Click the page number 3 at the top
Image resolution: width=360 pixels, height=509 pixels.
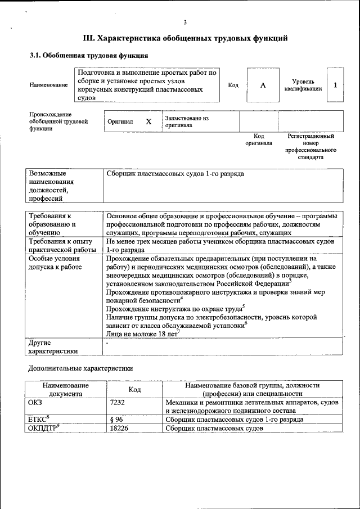pyautogui.click(x=185, y=22)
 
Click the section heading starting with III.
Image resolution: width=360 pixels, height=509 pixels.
pyautogui.click(x=185, y=38)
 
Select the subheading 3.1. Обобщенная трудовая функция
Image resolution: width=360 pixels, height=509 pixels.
pyautogui.click(x=89, y=56)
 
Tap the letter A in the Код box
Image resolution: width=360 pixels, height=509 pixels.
pyautogui.click(x=263, y=85)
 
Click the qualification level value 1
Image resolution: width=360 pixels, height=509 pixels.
pyautogui.click(x=335, y=85)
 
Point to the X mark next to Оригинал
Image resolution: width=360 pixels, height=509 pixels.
pyautogui.click(x=148, y=121)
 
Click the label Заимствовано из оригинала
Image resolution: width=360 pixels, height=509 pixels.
pyautogui.click(x=186, y=121)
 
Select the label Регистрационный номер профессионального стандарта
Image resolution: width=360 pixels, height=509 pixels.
pyautogui.click(x=310, y=147)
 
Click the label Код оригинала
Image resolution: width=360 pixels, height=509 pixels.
pyautogui.click(x=258, y=139)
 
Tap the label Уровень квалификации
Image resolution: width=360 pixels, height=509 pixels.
pyautogui.click(x=303, y=85)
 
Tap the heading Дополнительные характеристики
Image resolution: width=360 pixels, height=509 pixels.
pyautogui.click(x=81, y=369)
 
